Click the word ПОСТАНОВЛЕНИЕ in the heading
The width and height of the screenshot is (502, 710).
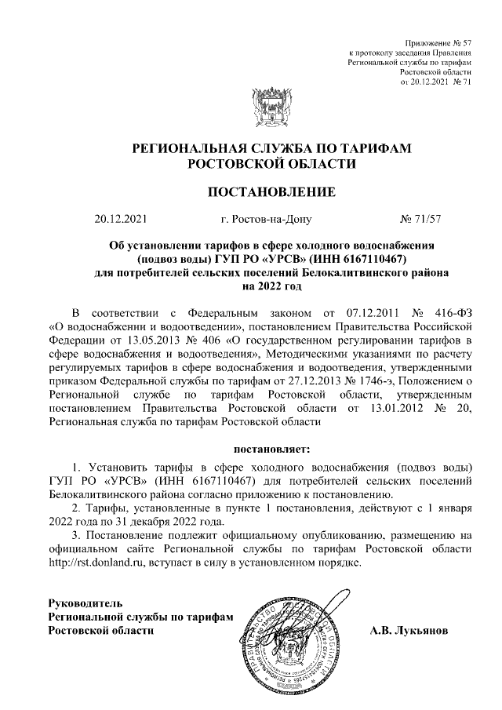coord(271,191)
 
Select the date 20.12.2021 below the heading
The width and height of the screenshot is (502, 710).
coord(120,220)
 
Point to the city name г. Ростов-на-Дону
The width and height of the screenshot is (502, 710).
coord(267,220)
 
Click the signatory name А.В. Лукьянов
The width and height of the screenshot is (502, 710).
coord(409,630)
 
